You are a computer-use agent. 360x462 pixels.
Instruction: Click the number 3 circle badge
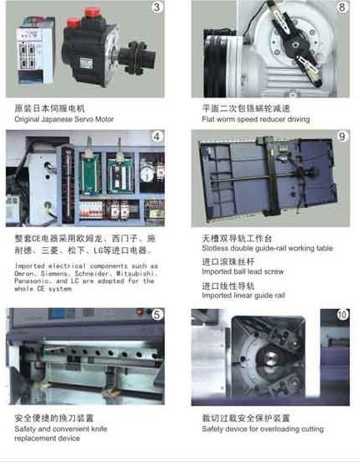(x=156, y=10)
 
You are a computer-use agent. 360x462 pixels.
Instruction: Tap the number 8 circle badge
(x=342, y=10)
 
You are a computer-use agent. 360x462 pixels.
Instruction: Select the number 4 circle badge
(x=156, y=136)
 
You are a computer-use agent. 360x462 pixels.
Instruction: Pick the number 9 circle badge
(x=342, y=136)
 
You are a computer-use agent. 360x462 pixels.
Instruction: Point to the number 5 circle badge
(x=156, y=315)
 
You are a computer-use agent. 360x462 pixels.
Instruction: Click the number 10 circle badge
(x=342, y=315)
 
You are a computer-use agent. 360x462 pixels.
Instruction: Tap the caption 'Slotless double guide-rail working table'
(x=267, y=248)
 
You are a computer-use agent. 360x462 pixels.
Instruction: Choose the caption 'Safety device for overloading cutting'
(x=261, y=429)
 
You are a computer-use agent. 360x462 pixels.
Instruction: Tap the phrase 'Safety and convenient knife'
(x=60, y=429)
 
